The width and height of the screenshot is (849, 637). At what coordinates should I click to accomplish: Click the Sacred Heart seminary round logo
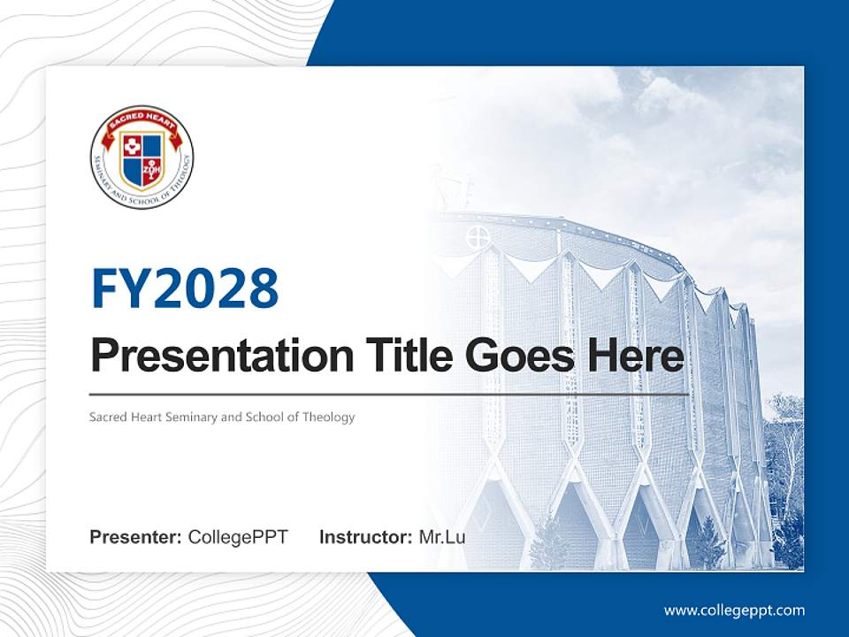(x=141, y=157)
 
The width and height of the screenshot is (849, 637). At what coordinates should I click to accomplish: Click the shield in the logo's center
(x=141, y=159)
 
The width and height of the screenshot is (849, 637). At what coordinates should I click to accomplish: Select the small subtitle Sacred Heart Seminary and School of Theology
(x=222, y=417)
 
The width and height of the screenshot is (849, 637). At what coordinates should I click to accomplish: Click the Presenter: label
(x=136, y=537)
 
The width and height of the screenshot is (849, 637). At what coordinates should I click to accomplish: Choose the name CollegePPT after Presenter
(x=238, y=537)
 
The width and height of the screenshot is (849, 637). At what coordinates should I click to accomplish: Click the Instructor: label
(x=365, y=537)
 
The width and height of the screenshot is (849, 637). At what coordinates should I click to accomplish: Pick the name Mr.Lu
(x=441, y=537)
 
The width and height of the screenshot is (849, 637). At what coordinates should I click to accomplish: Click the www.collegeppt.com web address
(x=734, y=610)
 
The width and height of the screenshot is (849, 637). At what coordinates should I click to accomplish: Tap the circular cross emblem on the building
(x=478, y=236)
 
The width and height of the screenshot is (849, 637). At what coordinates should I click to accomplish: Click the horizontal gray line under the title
(x=389, y=394)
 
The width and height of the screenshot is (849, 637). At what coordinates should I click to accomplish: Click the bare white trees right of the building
(x=785, y=460)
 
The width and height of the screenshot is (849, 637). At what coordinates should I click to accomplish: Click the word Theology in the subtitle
(x=327, y=417)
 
